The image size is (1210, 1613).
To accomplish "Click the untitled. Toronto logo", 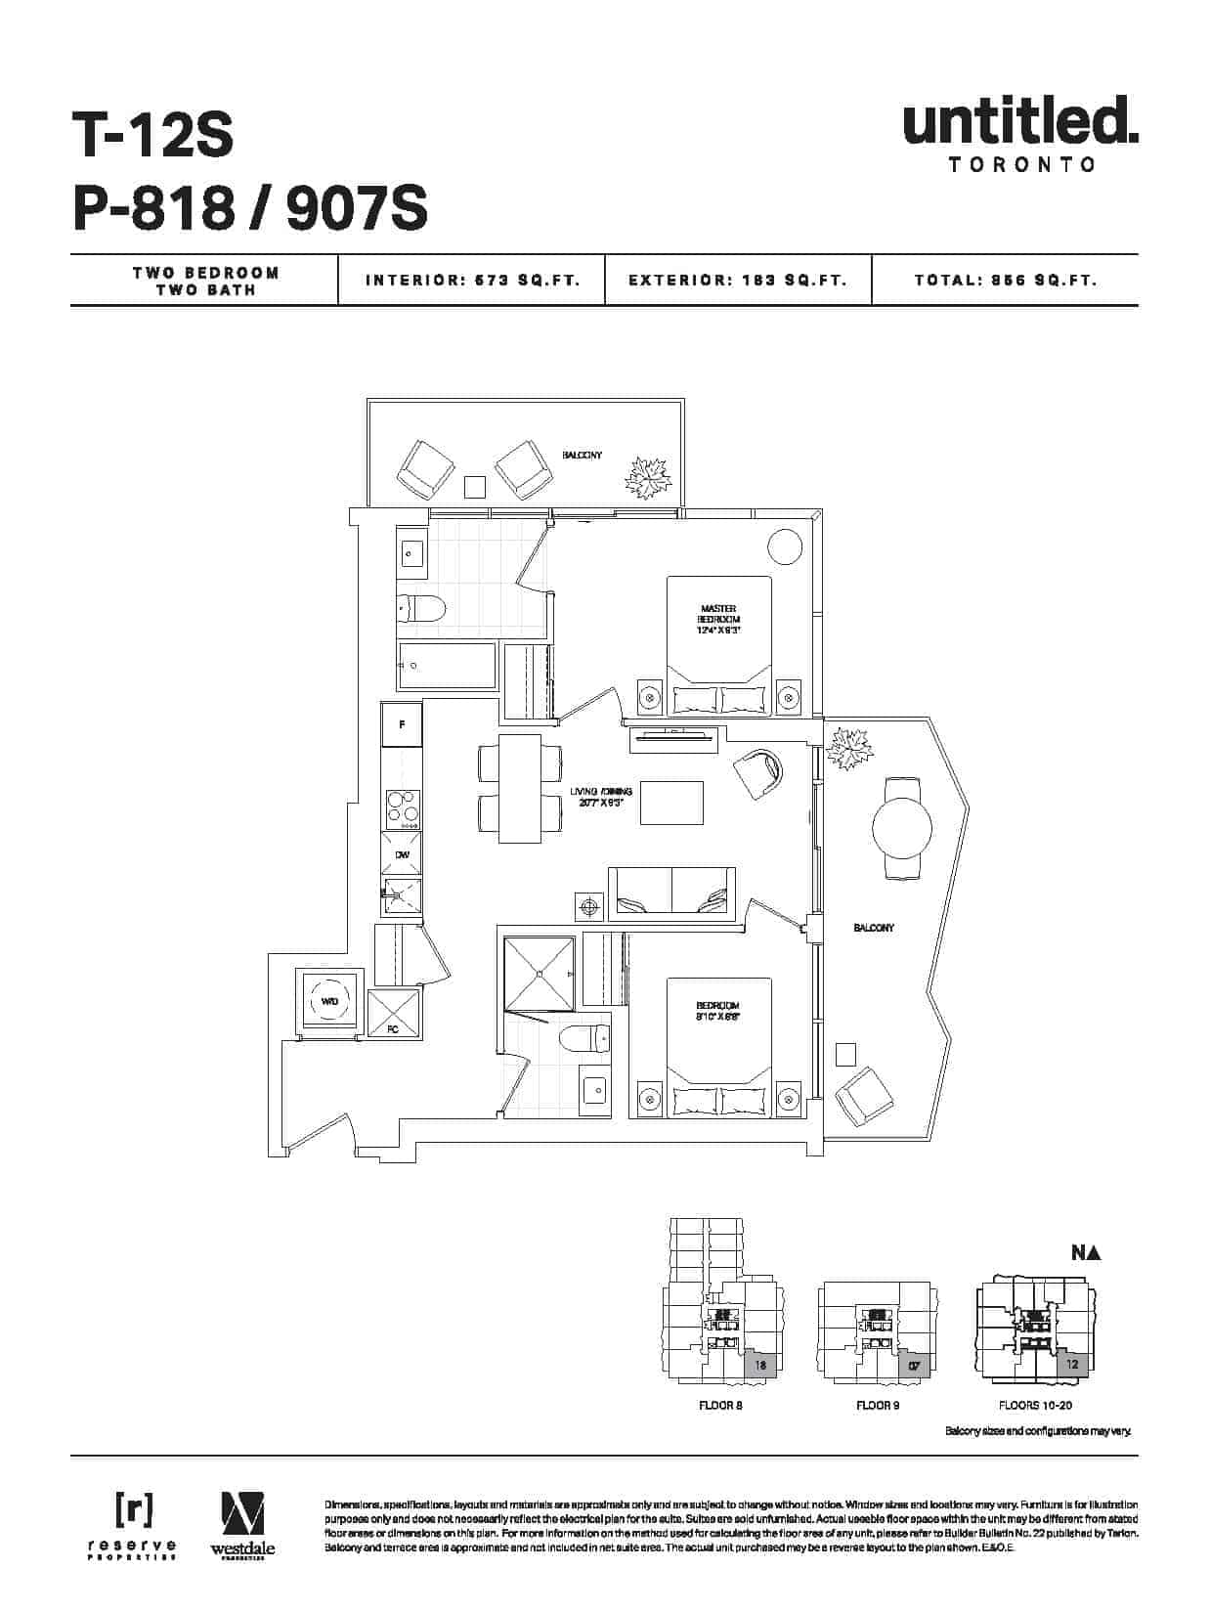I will coord(1020,133).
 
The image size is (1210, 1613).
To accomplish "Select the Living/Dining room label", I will coord(602,797).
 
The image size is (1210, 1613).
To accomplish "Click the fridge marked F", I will coord(402,725).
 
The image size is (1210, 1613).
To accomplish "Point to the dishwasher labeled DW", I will coord(402,854).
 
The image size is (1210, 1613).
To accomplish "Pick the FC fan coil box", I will coord(394,1013).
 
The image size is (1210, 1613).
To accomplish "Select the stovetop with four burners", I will coord(402,807).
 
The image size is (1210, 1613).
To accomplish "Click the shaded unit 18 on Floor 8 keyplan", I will coord(760,1365).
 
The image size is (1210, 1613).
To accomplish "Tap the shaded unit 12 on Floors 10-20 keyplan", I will coord(1072,1363).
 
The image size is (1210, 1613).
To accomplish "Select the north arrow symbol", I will coord(1086,1252).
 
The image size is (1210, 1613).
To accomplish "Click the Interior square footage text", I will coord(472,281).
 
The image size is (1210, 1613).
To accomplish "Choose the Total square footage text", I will coord(1006,281).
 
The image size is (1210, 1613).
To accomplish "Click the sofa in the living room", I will coord(671,893).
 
